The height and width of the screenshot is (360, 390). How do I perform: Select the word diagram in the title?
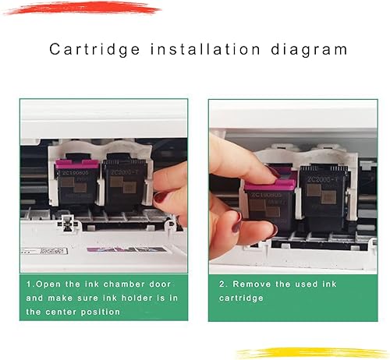pyautogui.click(x=309, y=51)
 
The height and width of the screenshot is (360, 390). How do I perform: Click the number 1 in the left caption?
pyautogui.click(x=29, y=284)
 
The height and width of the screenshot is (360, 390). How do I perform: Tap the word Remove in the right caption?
pyautogui.click(x=251, y=284)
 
